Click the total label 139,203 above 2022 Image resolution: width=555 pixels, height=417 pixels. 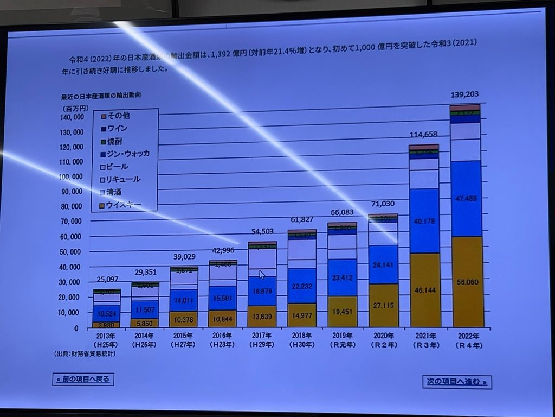click(464, 94)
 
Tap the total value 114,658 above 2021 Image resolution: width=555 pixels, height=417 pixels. click(424, 135)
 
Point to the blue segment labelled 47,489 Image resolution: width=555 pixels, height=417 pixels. click(466, 199)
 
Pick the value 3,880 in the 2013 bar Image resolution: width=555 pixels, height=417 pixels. click(107, 325)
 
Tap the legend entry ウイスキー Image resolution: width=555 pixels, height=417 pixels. click(123, 204)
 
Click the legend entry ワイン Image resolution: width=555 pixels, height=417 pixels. click(118, 128)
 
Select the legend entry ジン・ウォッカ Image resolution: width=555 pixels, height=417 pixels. click(128, 154)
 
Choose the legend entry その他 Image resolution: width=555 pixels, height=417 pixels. click(118, 116)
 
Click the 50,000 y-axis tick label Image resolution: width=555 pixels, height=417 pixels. click(72, 252)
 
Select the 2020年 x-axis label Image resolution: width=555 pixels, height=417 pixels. click(383, 337)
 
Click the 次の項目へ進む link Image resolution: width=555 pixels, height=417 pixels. click(456, 382)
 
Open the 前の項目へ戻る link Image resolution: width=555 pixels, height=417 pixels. click(83, 379)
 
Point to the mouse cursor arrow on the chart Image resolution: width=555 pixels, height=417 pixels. click(262, 275)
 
